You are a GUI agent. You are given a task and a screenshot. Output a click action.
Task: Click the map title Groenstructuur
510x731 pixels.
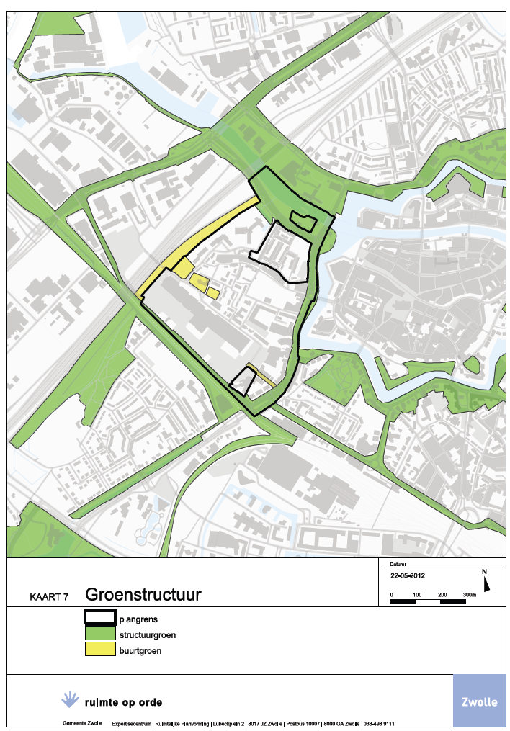tap(143, 595)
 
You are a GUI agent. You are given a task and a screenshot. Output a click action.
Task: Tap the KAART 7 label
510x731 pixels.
tap(49, 597)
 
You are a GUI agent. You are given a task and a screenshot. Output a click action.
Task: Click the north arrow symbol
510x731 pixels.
tap(486, 582)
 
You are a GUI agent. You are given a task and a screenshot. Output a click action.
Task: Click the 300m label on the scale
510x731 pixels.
tap(469, 594)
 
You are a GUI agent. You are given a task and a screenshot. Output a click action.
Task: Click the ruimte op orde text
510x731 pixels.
tap(123, 702)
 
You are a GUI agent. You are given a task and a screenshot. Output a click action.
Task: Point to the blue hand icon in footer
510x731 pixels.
tap(70, 699)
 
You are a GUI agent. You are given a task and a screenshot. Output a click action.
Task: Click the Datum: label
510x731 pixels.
tap(398, 565)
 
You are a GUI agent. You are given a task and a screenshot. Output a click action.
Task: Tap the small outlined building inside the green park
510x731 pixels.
tap(303, 220)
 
